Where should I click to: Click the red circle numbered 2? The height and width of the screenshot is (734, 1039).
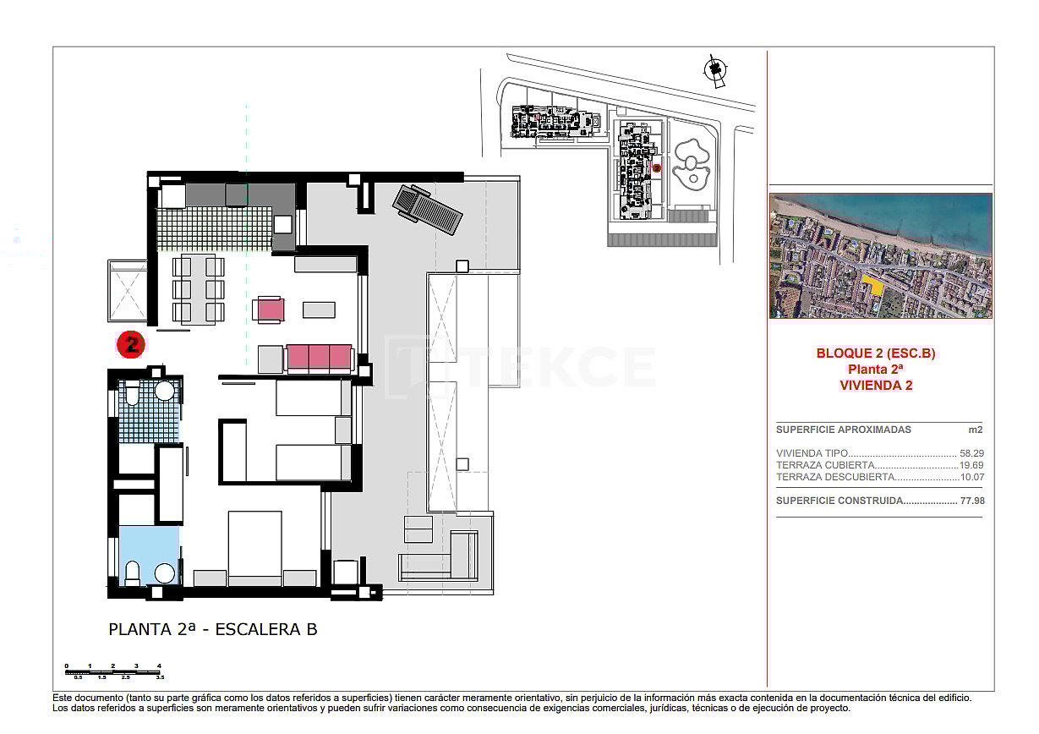pyautogui.click(x=131, y=344)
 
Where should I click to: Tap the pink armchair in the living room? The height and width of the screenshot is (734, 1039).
pyautogui.click(x=270, y=309)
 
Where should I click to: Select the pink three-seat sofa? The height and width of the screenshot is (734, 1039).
pyautogui.click(x=319, y=358)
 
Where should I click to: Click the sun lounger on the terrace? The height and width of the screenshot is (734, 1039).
pyautogui.click(x=427, y=210)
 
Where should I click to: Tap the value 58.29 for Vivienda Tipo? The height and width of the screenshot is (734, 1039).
pyautogui.click(x=972, y=453)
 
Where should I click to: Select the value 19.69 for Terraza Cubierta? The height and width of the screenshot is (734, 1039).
pyautogui.click(x=972, y=465)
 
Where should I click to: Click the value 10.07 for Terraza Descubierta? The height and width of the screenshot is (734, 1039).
pyautogui.click(x=972, y=477)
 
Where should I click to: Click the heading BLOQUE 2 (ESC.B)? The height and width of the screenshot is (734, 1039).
pyautogui.click(x=875, y=353)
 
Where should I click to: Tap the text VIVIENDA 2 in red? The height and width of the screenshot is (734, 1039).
pyautogui.click(x=876, y=385)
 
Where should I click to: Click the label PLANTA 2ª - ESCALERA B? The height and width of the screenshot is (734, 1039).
pyautogui.click(x=213, y=630)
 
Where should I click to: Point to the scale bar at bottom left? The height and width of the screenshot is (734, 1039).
pyautogui.click(x=113, y=672)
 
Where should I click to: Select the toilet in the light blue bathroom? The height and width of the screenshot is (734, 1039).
pyautogui.click(x=133, y=573)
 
